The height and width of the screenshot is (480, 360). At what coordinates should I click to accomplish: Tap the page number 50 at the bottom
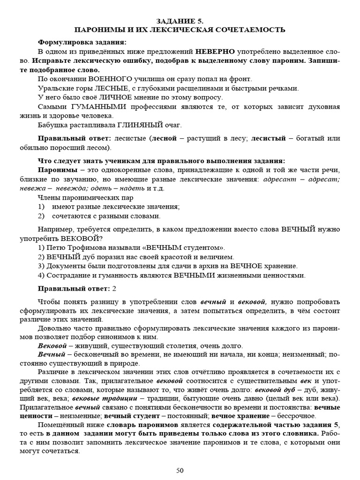point(180,470)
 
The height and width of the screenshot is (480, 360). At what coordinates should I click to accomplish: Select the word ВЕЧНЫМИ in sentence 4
point(195,275)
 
